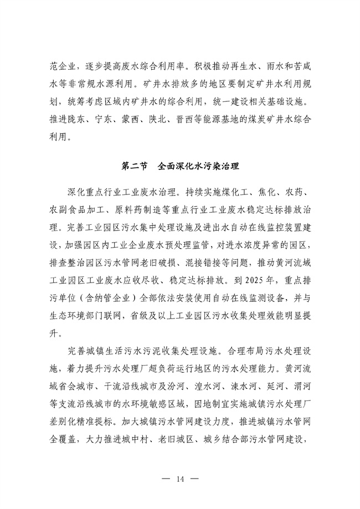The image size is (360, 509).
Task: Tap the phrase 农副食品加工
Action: click(x=74, y=212)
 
